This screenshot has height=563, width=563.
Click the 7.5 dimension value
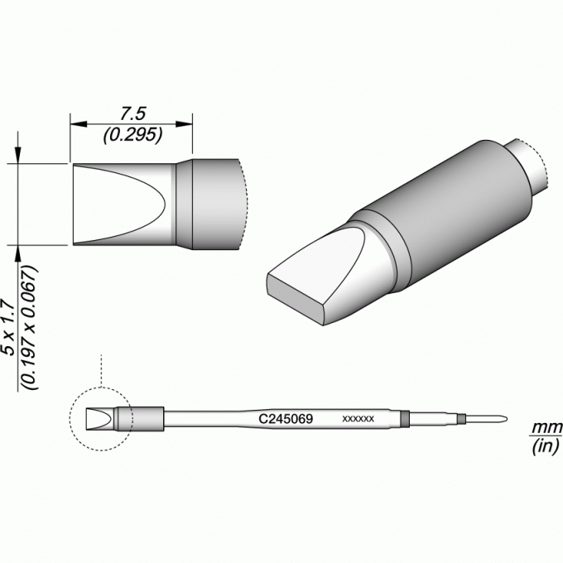click(132, 113)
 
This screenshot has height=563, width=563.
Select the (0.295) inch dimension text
click(132, 135)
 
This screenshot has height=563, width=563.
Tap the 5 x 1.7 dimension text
click(8, 328)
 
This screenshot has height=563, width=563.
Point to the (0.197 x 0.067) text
click(30, 328)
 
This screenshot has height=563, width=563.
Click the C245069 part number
click(286, 419)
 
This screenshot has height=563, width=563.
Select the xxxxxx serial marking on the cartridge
click(358, 419)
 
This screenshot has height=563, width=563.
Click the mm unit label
click(546, 428)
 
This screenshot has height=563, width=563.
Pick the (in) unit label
click(546, 446)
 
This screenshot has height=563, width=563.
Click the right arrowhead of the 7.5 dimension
click(184, 124)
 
